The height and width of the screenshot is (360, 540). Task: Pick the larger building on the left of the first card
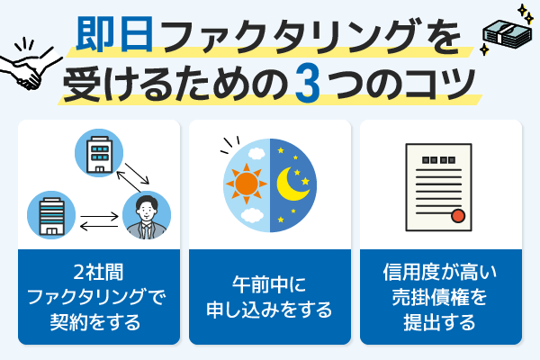[47, 215]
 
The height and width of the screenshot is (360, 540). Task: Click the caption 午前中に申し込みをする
[269, 300]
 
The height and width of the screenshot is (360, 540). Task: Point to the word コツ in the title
[442, 87]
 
